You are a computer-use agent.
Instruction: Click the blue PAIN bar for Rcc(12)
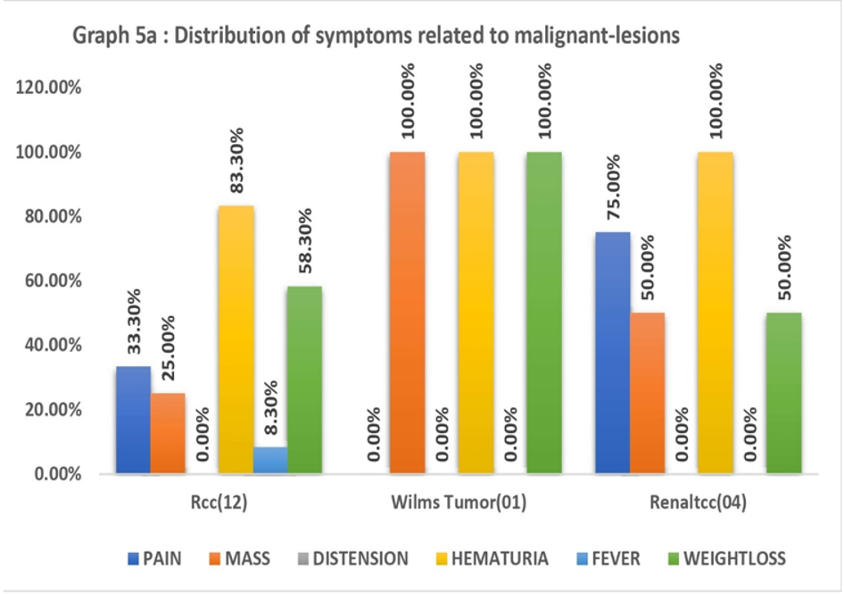pyautogui.click(x=134, y=420)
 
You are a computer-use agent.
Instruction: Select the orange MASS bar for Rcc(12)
pyautogui.click(x=168, y=433)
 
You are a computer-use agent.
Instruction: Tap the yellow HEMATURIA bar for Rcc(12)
pyautogui.click(x=236, y=339)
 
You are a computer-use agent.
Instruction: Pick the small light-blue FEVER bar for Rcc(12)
pyautogui.click(x=270, y=460)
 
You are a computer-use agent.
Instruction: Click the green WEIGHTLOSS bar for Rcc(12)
pyautogui.click(x=304, y=380)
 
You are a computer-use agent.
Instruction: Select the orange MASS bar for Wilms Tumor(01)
pyautogui.click(x=408, y=313)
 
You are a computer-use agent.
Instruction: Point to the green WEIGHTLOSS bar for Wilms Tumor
pyautogui.click(x=544, y=313)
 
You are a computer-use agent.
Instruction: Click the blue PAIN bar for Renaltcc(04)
pyautogui.click(x=613, y=353)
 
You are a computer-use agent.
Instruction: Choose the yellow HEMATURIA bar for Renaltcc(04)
pyautogui.click(x=716, y=313)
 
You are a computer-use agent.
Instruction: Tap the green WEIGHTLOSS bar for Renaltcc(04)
pyautogui.click(x=784, y=394)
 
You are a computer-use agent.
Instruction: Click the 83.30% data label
pyautogui.click(x=236, y=160)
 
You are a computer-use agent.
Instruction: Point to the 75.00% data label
pyautogui.click(x=613, y=187)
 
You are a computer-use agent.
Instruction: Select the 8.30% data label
pyautogui.click(x=271, y=407)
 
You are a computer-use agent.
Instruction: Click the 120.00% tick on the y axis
pyautogui.click(x=48, y=87)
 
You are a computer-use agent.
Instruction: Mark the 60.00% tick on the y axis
pyautogui.click(x=53, y=280)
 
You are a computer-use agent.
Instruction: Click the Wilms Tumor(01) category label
pyautogui.click(x=459, y=502)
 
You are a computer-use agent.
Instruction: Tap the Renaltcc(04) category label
pyautogui.click(x=699, y=502)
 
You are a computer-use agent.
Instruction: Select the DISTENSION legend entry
pyautogui.click(x=352, y=558)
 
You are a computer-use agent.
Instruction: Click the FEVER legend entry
pyautogui.click(x=608, y=558)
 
